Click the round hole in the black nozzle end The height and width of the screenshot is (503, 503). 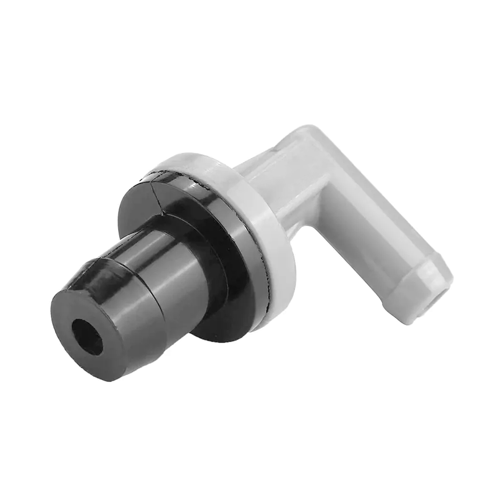88,336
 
